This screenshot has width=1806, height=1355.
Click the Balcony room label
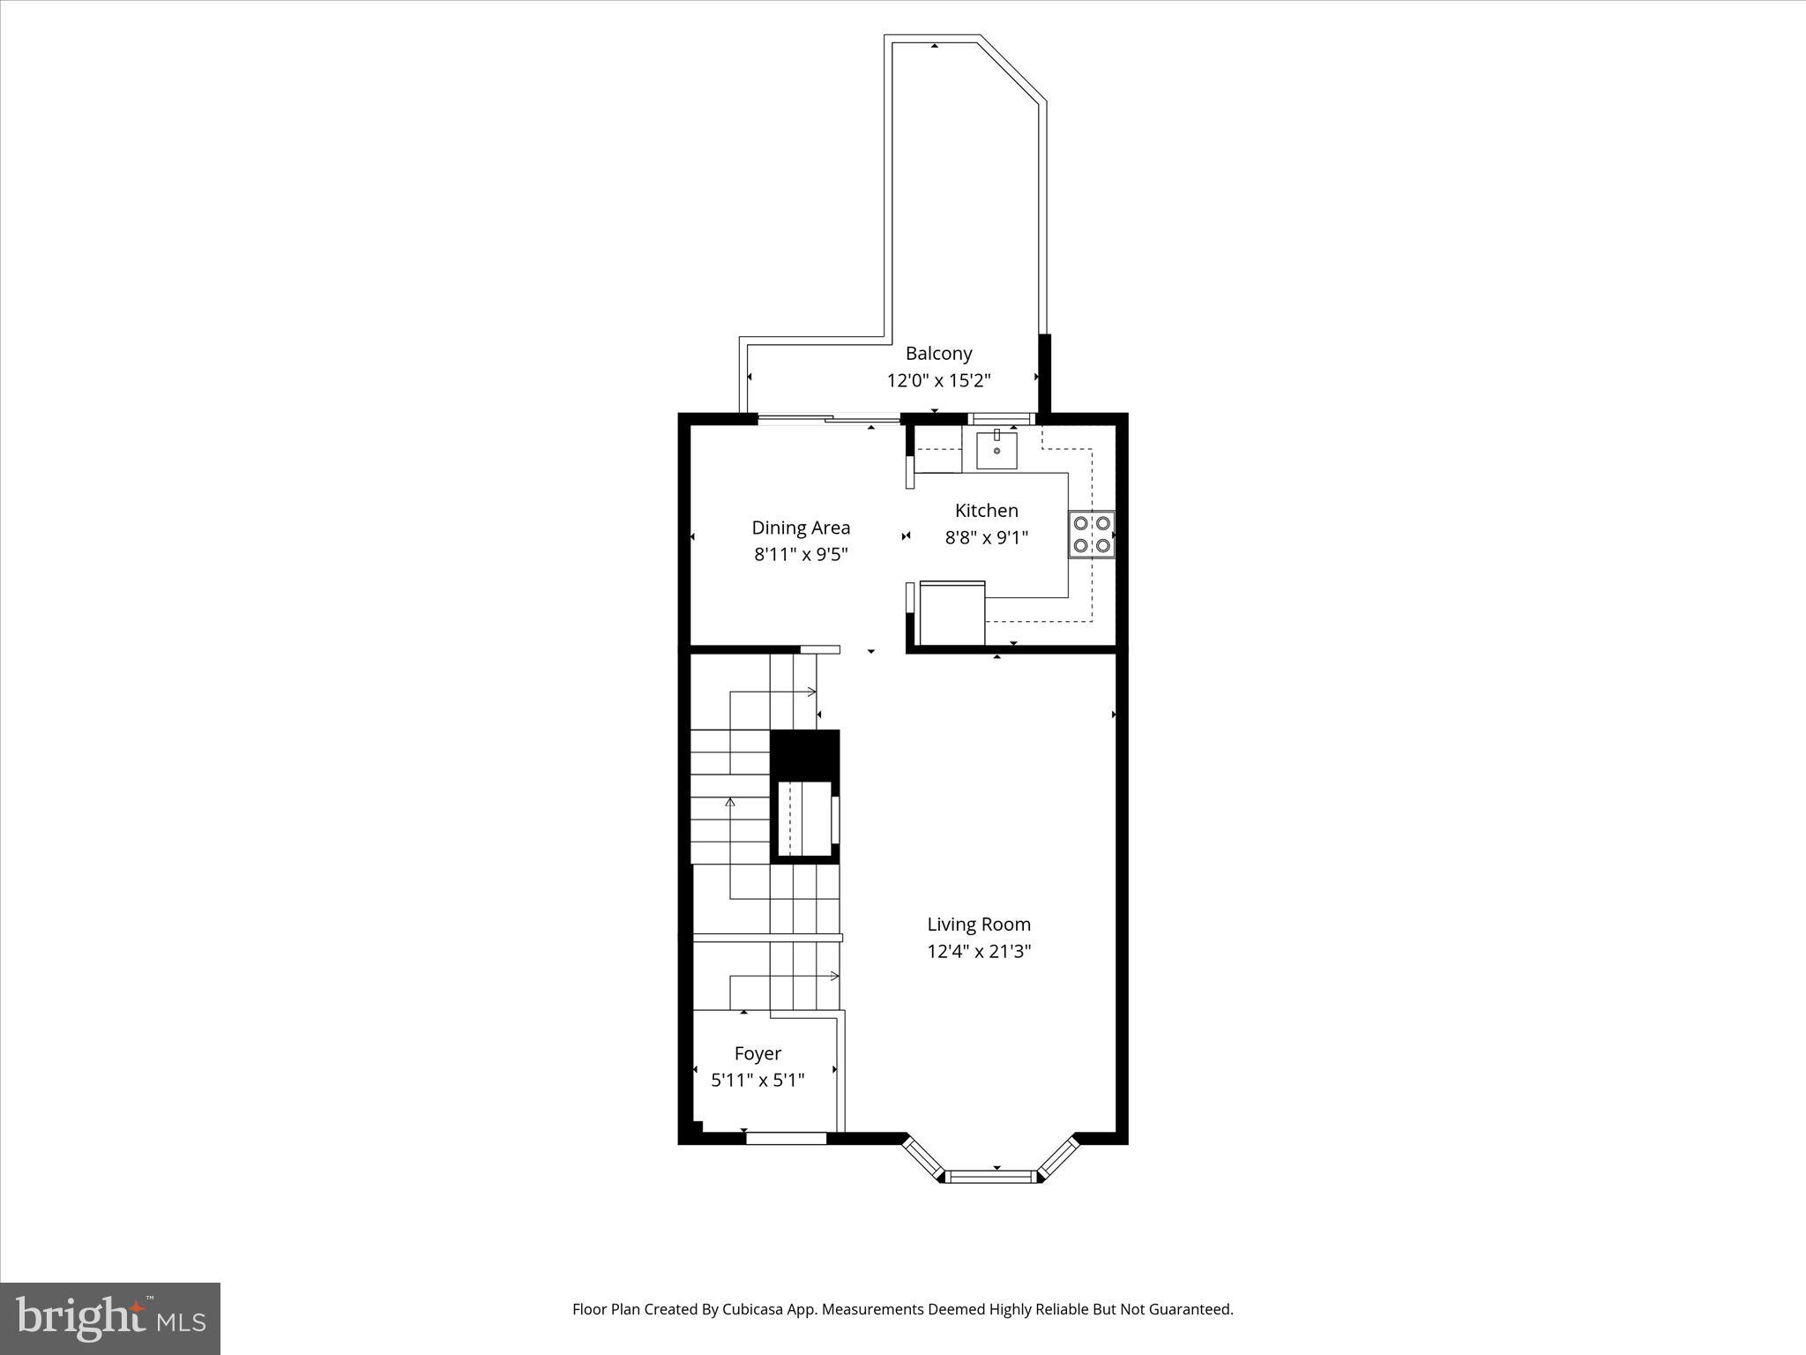(x=938, y=354)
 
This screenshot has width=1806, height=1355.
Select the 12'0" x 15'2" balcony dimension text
(x=938, y=381)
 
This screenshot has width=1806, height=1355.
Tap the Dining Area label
(x=801, y=528)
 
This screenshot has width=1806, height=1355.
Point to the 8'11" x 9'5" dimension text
(x=801, y=555)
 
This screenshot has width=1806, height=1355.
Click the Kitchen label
(x=986, y=510)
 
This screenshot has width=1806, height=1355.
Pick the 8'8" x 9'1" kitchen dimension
(x=986, y=537)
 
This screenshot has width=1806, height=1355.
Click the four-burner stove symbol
(x=1092, y=535)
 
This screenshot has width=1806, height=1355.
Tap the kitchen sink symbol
(x=996, y=450)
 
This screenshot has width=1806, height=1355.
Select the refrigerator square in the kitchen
(x=952, y=613)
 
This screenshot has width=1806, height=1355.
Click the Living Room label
(x=978, y=924)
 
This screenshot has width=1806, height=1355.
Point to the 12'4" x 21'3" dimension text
(x=978, y=951)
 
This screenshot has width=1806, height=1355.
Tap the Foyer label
(x=757, y=1053)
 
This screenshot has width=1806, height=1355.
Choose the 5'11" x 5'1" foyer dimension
(x=757, y=1080)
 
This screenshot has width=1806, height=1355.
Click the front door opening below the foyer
(x=786, y=1138)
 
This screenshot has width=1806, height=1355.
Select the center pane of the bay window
(x=992, y=1175)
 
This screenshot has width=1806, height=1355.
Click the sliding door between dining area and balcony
(x=829, y=419)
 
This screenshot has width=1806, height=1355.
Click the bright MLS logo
(x=110, y=1318)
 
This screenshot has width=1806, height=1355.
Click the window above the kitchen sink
(x=1001, y=418)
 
